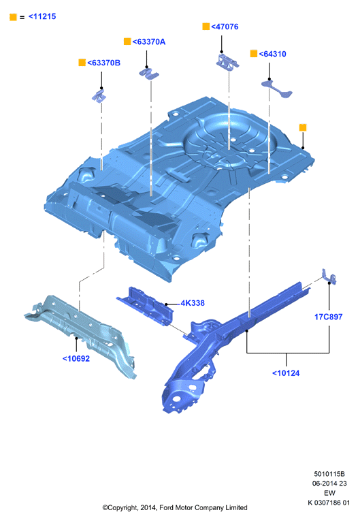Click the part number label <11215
pos(42,16)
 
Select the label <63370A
pos(149,42)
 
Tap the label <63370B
pos(103,63)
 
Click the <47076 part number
pos(225,27)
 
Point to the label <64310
pos(272,54)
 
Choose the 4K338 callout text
pos(193,303)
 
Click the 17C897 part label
pos(329,317)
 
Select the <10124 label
pos(286,373)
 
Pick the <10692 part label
pos(76,358)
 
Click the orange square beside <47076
pos(206,27)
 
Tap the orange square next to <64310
pos(254,54)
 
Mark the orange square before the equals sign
pos(14,17)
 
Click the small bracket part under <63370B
pos(99,96)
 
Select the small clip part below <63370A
pos(149,74)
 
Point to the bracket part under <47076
pos(227,61)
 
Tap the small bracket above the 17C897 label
pos(329,277)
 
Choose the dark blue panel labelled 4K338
pos(145,306)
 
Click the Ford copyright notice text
pos(175,507)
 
